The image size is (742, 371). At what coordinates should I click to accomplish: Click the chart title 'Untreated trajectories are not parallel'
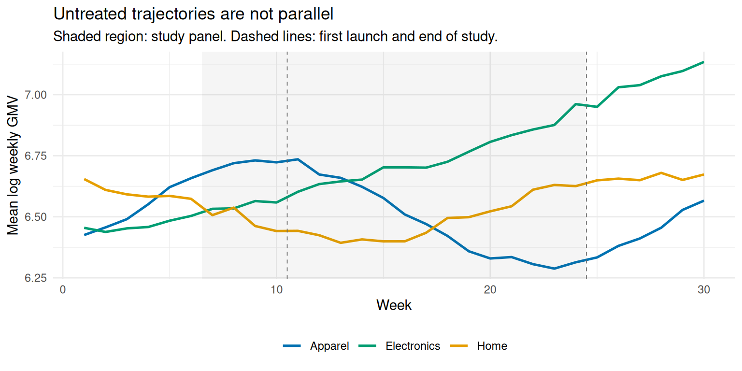pyautogui.click(x=193, y=14)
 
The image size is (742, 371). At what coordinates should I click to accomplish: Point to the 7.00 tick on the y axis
pyautogui.click(x=36, y=95)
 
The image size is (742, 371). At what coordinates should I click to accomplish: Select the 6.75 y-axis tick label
pyautogui.click(x=36, y=156)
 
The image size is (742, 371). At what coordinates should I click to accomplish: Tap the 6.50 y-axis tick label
pyautogui.click(x=36, y=217)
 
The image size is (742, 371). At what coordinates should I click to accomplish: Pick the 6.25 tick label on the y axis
pyautogui.click(x=36, y=278)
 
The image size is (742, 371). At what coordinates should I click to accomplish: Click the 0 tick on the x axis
pyautogui.click(x=63, y=290)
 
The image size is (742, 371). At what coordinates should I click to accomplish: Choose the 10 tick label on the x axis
pyautogui.click(x=276, y=290)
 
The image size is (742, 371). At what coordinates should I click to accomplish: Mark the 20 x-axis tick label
pyautogui.click(x=490, y=290)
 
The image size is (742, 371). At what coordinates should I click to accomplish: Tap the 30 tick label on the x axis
pyautogui.click(x=703, y=290)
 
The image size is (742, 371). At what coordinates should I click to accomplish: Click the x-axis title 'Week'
pyautogui.click(x=394, y=305)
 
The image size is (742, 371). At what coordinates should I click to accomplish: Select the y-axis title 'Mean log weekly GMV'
pyautogui.click(x=13, y=165)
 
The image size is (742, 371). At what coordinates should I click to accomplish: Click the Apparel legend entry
pyautogui.click(x=315, y=346)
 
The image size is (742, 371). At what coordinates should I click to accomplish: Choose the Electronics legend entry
pyautogui.click(x=399, y=346)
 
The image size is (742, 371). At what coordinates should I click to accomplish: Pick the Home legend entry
pyautogui.click(x=478, y=346)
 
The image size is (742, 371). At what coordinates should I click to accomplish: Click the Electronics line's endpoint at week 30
pyautogui.click(x=703, y=62)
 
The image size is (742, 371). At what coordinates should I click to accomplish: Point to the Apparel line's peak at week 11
pyautogui.click(x=298, y=159)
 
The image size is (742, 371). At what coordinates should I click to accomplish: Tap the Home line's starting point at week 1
pyautogui.click(x=85, y=179)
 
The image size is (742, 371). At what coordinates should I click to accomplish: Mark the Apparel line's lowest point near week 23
pyautogui.click(x=554, y=269)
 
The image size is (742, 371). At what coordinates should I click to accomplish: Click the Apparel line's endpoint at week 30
pyautogui.click(x=703, y=201)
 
